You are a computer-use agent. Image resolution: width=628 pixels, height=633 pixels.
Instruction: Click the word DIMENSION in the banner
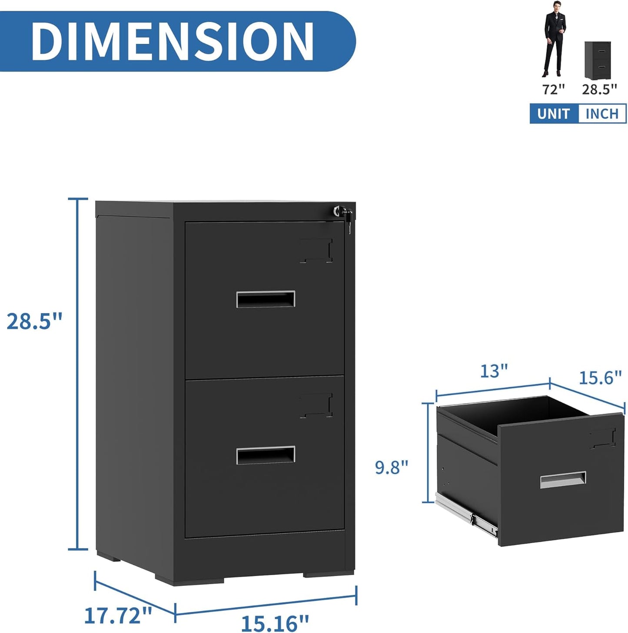172,41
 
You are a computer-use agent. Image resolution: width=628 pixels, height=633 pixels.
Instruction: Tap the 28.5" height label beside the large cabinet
35,321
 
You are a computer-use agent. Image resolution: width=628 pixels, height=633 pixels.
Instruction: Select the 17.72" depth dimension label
118,616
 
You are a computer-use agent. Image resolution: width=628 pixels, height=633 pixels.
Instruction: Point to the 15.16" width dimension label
275,623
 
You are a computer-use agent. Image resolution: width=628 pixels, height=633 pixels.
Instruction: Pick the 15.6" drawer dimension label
600,378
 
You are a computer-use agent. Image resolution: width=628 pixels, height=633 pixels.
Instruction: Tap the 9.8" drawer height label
392,467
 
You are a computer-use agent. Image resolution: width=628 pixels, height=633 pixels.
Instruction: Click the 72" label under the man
553,89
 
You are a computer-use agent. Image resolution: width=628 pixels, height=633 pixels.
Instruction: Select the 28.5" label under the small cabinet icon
599,89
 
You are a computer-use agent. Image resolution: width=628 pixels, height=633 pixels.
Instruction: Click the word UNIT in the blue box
553,114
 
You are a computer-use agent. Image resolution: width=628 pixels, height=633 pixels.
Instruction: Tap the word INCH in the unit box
602,114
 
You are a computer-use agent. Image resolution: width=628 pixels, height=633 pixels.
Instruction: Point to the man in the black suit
555,39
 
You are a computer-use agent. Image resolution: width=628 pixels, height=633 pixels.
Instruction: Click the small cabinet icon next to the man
598,60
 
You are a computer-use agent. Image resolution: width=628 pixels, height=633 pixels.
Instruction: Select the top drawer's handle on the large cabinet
266,299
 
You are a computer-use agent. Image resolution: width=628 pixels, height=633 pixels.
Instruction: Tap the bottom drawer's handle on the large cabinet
266,455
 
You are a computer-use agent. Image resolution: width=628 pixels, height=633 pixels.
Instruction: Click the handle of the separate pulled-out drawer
563,480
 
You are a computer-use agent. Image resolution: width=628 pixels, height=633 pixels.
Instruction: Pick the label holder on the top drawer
316,251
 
